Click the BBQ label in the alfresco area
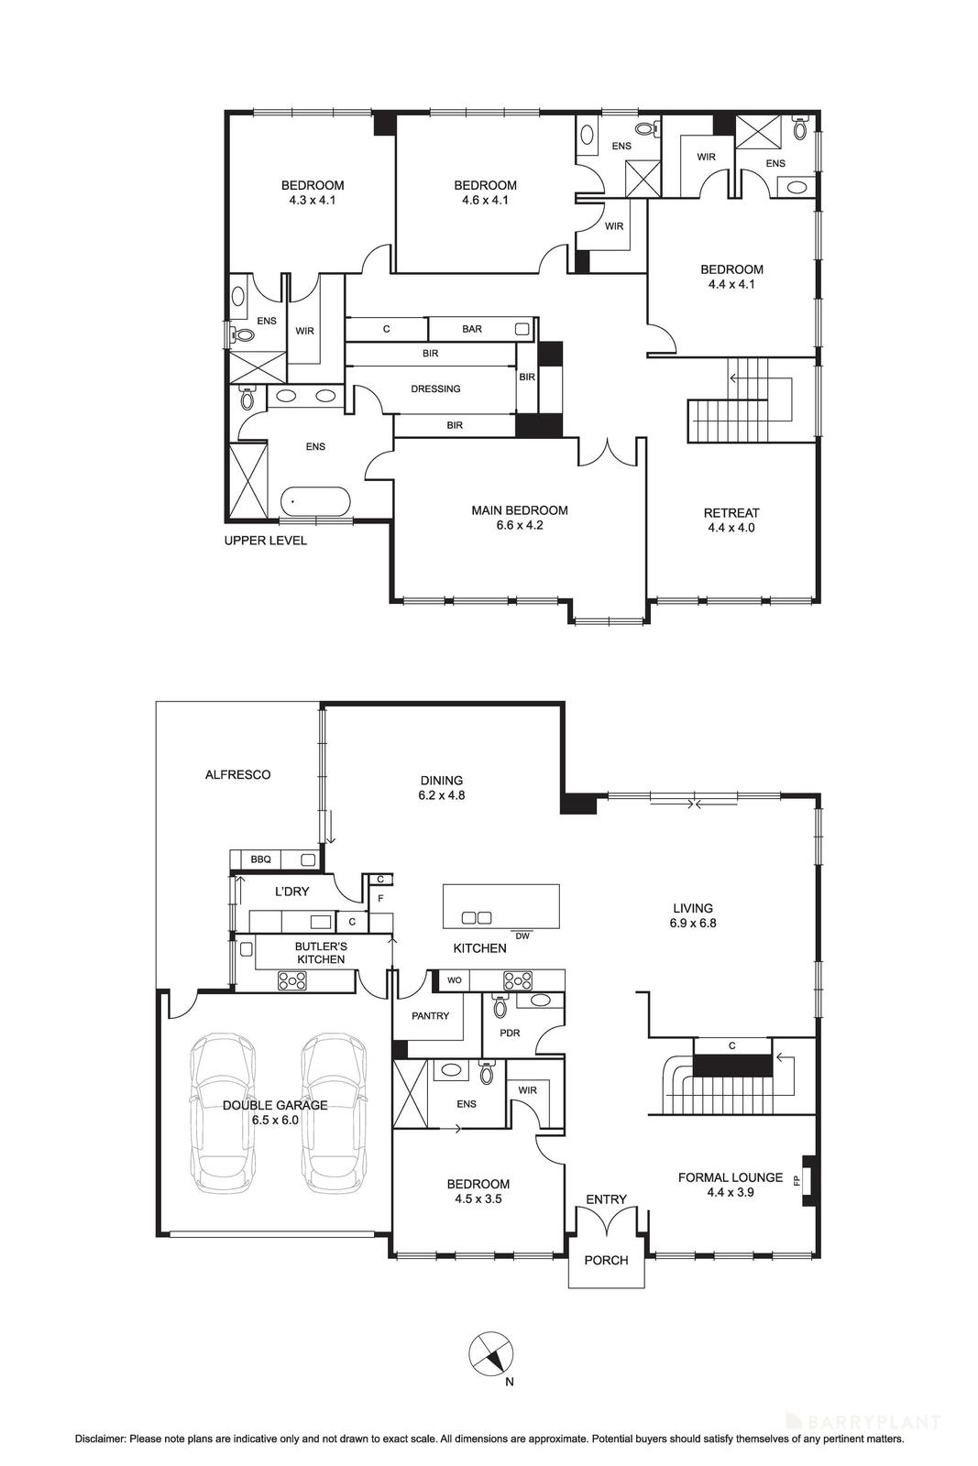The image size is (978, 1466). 260,859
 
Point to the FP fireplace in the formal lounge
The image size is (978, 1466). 807,1177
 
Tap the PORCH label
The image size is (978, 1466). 606,1260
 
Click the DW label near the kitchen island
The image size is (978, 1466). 522,935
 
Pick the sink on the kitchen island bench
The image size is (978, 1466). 476,917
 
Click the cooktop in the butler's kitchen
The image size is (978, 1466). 292,981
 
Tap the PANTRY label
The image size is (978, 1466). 430,1015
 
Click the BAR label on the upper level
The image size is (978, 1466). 472,329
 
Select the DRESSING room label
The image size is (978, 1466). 435,388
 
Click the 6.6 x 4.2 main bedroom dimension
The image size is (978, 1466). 520,526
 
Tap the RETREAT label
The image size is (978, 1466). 731,513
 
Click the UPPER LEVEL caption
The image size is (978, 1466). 265,541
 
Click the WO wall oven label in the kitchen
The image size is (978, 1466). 454,980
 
